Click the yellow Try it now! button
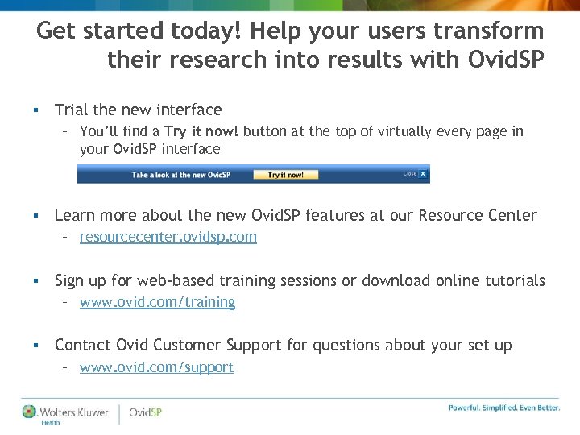286,174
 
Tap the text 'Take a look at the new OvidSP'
178,175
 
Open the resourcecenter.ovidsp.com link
168,237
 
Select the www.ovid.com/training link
158,302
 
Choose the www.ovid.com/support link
157,367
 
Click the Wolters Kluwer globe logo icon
30,412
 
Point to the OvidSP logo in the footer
145,412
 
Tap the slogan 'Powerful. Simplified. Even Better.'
504,408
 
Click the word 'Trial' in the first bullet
71,110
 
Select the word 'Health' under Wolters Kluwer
50,421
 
